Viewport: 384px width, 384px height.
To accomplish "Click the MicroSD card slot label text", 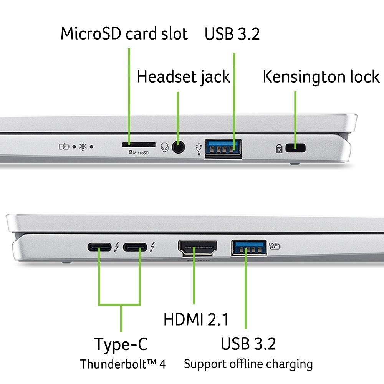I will coord(124,34).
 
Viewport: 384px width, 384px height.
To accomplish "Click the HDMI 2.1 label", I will coord(196,319).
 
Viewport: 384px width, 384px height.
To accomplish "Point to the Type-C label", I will coord(121,344).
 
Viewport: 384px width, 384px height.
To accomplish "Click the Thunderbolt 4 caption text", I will coord(123,364).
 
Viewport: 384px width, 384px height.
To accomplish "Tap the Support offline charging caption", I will coord(248,364).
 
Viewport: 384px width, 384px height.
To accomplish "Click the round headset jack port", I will coord(177,147).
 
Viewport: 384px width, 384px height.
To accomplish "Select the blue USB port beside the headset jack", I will coord(223,148).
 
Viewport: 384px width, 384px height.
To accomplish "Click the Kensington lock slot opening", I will coord(295,147).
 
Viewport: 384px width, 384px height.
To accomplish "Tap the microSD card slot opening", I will coord(139,145).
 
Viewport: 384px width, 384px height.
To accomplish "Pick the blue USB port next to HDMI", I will coord(249,248).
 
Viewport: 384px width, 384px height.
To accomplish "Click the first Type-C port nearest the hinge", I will coord(100,247).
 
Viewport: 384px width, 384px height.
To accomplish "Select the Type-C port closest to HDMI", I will coord(135,247).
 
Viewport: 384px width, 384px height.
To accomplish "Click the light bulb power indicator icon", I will coord(83,146).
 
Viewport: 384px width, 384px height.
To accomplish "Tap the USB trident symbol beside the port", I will coord(199,149).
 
